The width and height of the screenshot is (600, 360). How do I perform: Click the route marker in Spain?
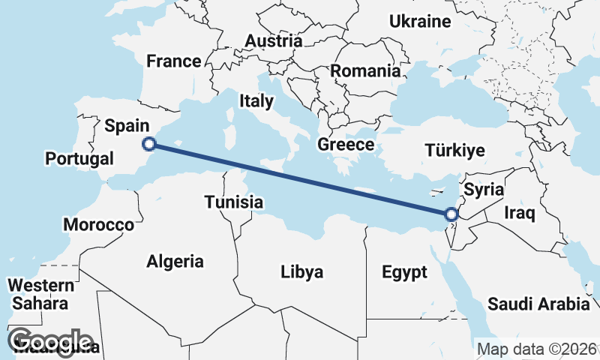149,143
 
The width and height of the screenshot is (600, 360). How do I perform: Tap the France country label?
174,61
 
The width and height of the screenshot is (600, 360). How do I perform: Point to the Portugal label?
79,159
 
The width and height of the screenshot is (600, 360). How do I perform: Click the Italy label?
257,100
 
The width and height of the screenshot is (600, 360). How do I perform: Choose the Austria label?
274,40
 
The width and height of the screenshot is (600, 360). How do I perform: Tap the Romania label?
365,72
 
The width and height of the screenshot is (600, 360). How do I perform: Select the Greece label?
346,144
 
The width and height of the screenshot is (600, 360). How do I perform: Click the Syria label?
479,189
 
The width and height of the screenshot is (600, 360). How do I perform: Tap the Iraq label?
519,214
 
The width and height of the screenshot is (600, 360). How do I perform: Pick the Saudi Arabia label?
538,304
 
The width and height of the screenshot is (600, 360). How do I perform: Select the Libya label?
301,271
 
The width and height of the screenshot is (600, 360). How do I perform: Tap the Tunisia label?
234,202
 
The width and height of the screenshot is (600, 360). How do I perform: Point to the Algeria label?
175,262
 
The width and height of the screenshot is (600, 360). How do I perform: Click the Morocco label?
98,224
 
